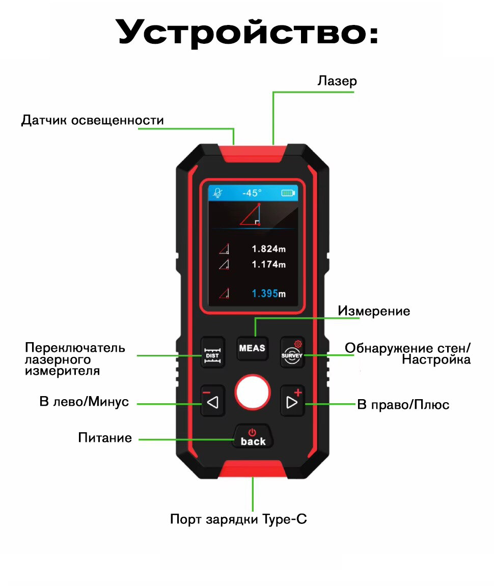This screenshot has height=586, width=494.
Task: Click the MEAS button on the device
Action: tap(252, 348)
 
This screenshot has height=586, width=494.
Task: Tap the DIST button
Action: tap(212, 351)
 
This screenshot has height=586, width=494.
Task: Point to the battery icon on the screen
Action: tap(288, 193)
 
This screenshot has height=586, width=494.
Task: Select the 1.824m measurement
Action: tap(268, 249)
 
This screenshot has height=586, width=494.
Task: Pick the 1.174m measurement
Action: tap(268, 265)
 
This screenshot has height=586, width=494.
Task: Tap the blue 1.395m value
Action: tap(268, 294)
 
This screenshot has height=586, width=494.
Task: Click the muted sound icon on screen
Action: tap(218, 193)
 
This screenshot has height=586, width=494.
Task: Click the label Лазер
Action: tap(337, 81)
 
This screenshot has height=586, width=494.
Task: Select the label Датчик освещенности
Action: tap(92, 120)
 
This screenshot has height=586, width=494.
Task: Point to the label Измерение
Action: tap(374, 311)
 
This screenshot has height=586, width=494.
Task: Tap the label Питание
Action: tap(105, 438)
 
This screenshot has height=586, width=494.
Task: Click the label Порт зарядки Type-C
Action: tap(238, 520)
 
